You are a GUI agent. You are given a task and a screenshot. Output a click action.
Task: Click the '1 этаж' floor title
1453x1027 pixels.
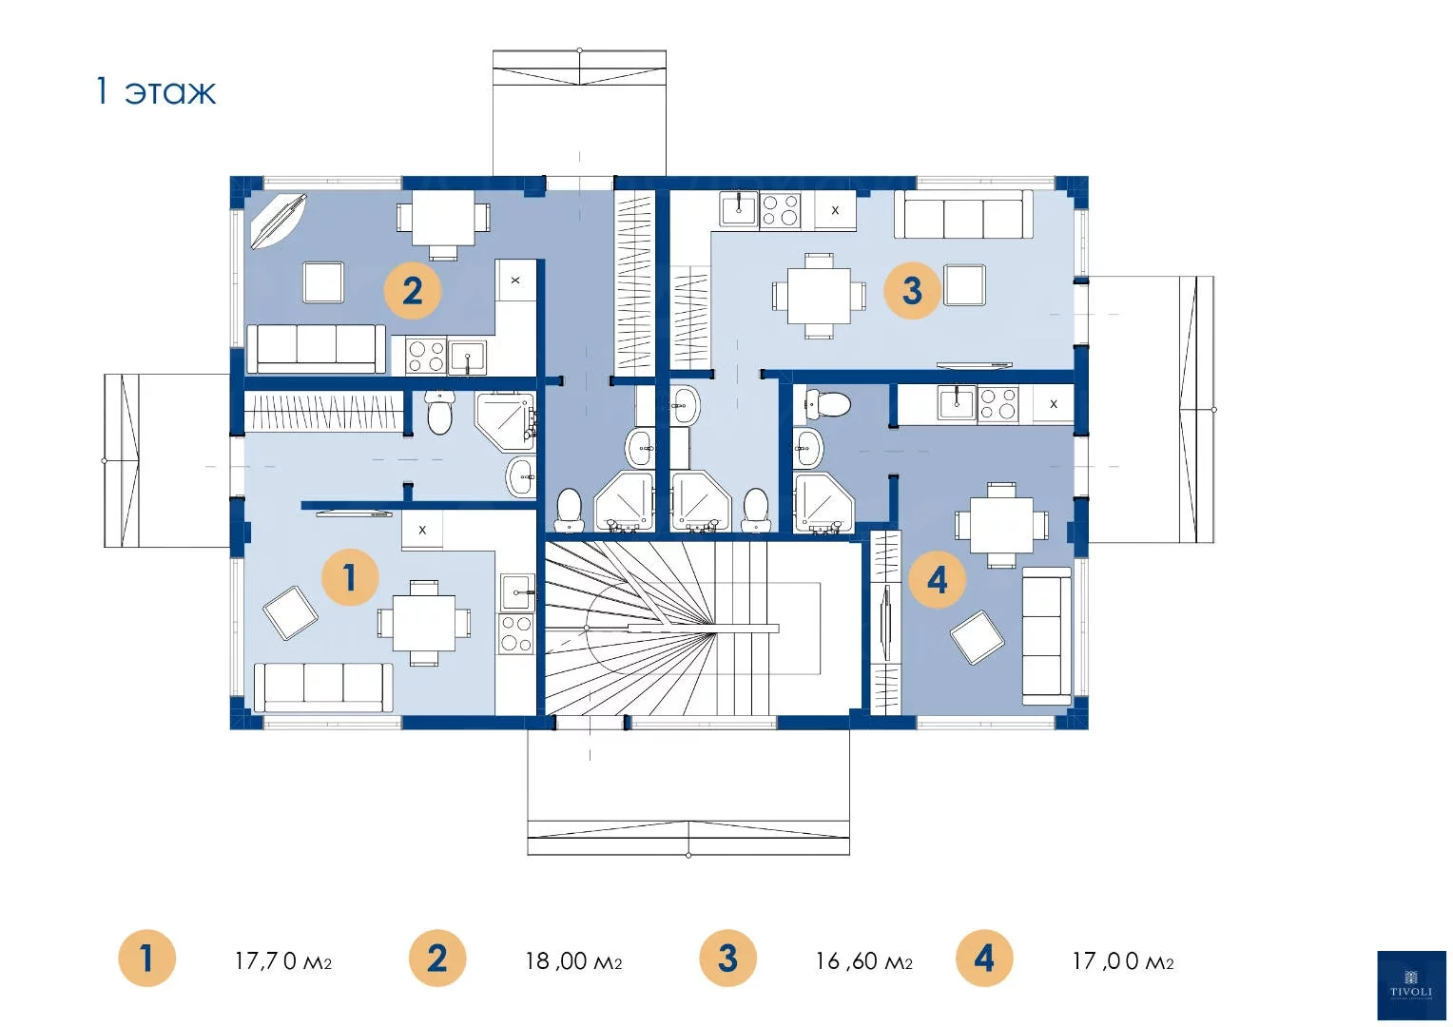click(x=156, y=91)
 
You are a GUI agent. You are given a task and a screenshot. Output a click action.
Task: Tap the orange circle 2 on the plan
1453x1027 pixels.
click(x=413, y=290)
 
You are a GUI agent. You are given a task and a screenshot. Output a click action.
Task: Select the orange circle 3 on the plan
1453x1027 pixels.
click(x=912, y=290)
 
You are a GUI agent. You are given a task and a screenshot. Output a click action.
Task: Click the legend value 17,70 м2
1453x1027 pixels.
click(x=283, y=960)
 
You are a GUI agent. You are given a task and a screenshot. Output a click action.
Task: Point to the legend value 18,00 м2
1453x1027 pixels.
click(x=573, y=960)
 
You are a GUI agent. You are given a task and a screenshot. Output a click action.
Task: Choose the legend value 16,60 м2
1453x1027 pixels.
click(x=864, y=960)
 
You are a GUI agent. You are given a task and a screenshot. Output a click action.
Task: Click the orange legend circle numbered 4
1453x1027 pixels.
click(x=984, y=959)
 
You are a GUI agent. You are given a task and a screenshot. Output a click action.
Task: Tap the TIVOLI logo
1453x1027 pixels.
click(x=1411, y=985)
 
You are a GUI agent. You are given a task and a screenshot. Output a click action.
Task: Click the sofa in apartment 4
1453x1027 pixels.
click(x=1046, y=636)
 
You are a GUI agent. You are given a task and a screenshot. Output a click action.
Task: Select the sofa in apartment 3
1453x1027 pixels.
click(x=963, y=214)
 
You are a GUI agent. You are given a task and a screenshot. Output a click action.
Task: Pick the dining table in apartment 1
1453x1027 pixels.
click(x=424, y=623)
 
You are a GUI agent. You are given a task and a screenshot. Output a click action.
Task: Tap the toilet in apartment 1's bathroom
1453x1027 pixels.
click(x=439, y=413)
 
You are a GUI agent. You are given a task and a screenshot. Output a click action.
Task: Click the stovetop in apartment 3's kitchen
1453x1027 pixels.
click(x=780, y=210)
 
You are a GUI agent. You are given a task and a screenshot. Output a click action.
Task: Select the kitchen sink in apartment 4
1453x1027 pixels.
click(x=957, y=403)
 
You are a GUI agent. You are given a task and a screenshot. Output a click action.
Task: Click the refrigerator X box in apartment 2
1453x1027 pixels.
click(x=515, y=281)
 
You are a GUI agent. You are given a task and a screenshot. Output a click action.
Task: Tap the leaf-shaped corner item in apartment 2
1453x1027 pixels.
click(x=279, y=222)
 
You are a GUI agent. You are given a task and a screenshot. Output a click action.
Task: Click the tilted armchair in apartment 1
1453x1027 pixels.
click(x=291, y=612)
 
